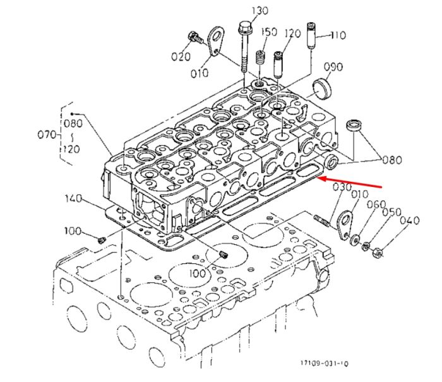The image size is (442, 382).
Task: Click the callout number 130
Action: pyautogui.click(x=260, y=11)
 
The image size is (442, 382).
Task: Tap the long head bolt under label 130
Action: pyautogui.click(x=243, y=47)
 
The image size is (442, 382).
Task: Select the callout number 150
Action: pyautogui.click(x=268, y=32)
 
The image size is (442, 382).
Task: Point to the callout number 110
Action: pyautogui.click(x=338, y=35)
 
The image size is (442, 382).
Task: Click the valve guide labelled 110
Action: pyautogui.click(x=311, y=35)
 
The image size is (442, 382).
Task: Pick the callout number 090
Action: pyautogui.click(x=333, y=67)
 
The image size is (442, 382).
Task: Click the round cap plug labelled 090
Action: pyautogui.click(x=323, y=89)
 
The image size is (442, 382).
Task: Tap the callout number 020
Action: pyautogui.click(x=181, y=57)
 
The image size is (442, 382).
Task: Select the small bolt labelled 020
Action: pyautogui.click(x=195, y=39)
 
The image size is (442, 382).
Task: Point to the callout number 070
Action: pyautogui.click(x=47, y=134)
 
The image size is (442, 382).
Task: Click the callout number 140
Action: pyautogui.click(x=73, y=198)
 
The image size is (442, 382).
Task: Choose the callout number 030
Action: pyautogui.click(x=342, y=187)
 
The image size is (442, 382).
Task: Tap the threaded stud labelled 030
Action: pyautogui.click(x=321, y=220)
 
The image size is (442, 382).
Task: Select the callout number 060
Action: pyautogui.click(x=376, y=205)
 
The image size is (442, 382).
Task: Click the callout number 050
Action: pyautogui.click(x=391, y=212)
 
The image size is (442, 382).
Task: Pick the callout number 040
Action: pyautogui.click(x=410, y=220)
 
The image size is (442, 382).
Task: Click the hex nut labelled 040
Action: pyautogui.click(x=377, y=253)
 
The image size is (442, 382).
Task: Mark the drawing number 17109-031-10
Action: pyautogui.click(x=324, y=363)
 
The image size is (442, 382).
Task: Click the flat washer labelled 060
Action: pyautogui.click(x=354, y=240)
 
